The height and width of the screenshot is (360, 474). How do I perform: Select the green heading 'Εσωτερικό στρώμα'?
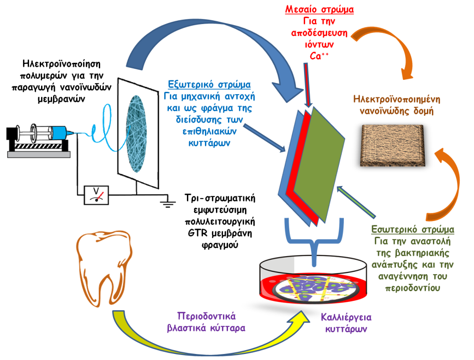point(413,229)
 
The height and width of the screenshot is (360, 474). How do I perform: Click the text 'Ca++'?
point(318,56)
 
